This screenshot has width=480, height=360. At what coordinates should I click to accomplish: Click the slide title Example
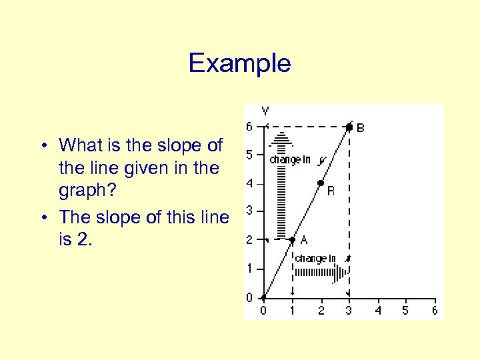coord(239,63)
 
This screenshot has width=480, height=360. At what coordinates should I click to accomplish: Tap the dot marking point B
coord(349,126)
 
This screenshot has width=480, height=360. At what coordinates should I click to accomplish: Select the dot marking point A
coord(293,239)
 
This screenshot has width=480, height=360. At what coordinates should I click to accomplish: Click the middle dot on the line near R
coord(321,183)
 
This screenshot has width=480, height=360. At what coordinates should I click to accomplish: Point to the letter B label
coord(361,127)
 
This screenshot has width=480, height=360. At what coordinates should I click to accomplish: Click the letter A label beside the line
coord(304,240)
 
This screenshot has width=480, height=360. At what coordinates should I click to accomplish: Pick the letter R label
coord(331,191)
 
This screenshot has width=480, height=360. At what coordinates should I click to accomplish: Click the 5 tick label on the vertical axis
coord(249,155)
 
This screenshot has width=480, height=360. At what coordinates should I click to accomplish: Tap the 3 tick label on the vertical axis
coord(249,211)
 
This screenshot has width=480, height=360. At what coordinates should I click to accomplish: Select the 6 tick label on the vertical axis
coord(249,127)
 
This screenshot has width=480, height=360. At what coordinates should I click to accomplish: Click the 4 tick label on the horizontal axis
coord(378,310)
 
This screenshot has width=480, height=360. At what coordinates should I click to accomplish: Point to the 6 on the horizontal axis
coord(435,310)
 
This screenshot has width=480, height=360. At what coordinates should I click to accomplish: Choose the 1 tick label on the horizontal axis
coord(292,310)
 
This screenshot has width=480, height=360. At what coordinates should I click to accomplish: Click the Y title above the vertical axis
coord(265,111)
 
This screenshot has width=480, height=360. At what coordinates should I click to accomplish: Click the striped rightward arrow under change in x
coord(320,271)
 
